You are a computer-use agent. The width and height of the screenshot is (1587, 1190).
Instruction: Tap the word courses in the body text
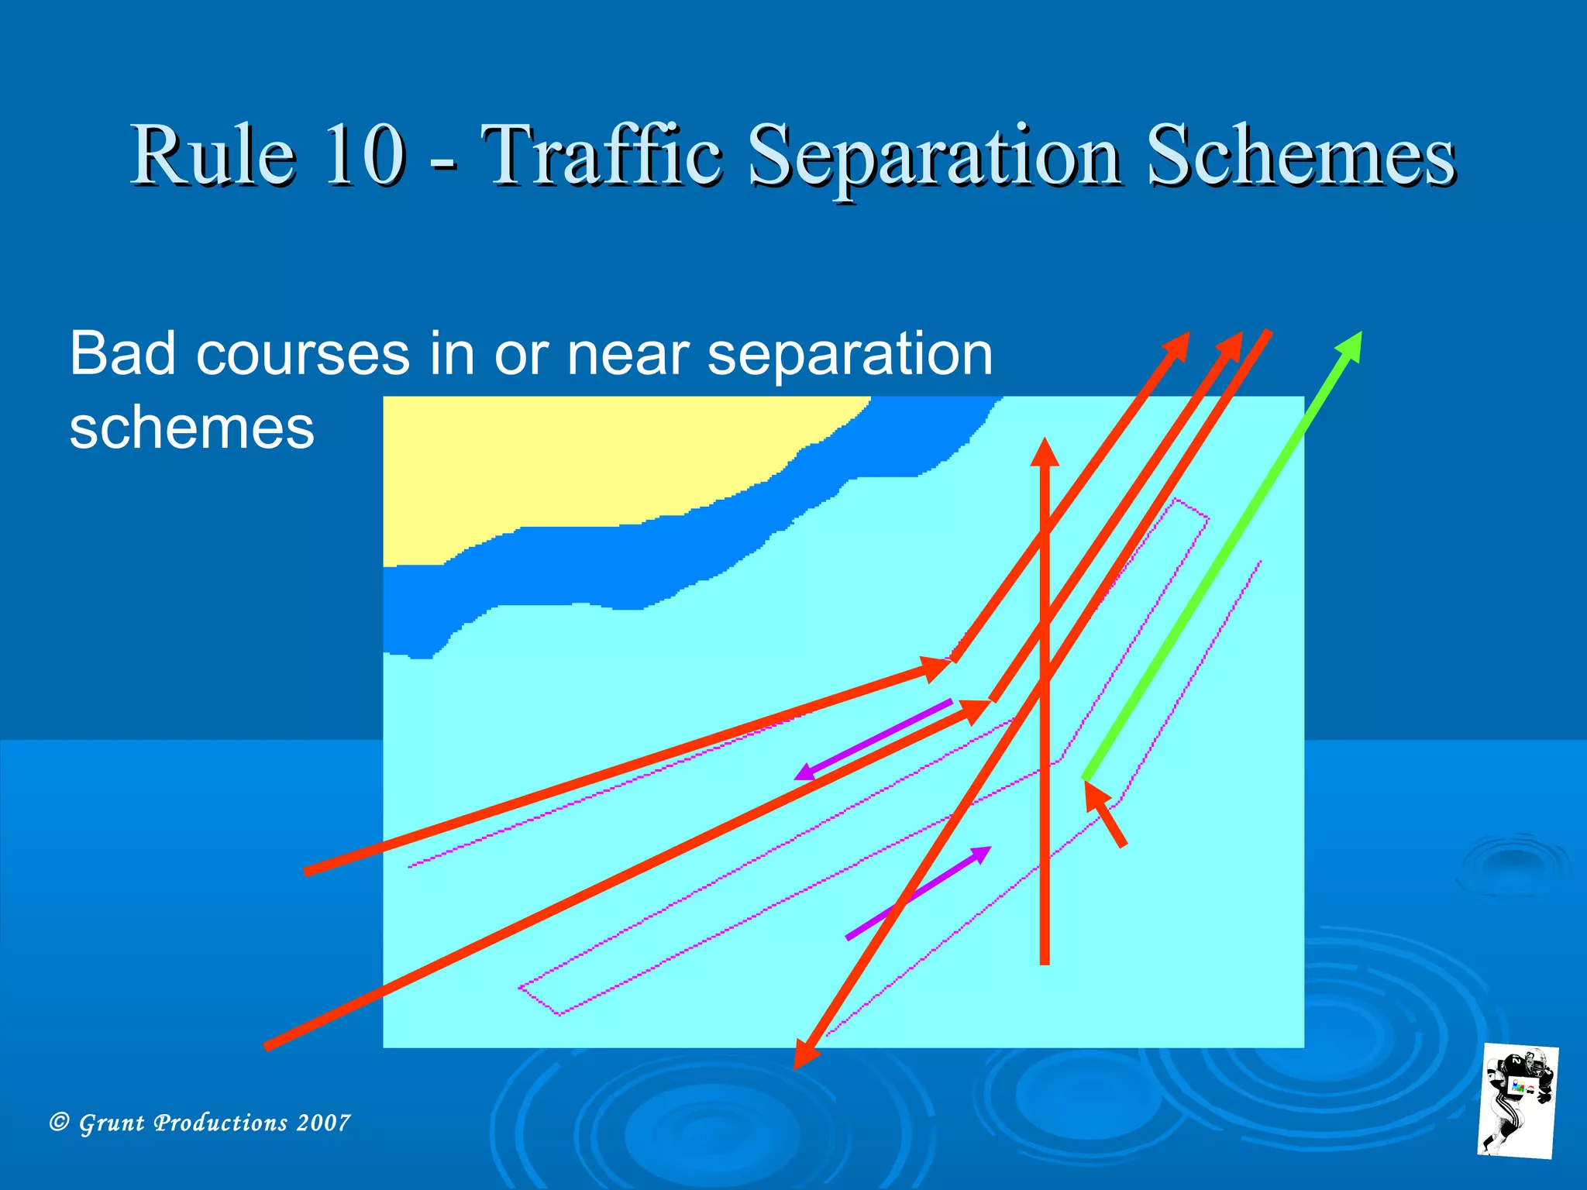click(x=302, y=355)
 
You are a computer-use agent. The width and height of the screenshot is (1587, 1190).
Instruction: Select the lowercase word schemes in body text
click(x=191, y=428)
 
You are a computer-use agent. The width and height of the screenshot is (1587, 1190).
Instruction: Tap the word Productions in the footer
click(x=220, y=1123)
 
